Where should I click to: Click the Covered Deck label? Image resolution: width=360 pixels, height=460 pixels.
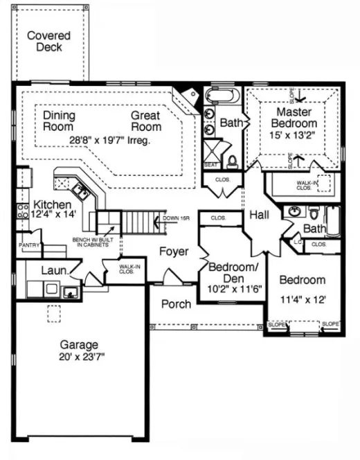tap(49, 42)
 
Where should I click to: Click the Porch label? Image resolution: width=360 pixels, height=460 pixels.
tap(176, 305)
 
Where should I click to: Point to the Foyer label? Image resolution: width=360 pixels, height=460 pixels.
tap(173, 251)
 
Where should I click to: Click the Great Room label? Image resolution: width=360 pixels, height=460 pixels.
tap(146, 121)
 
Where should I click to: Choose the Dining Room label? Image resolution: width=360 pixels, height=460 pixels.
tap(59, 121)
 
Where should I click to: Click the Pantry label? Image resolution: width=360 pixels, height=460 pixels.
tap(29, 245)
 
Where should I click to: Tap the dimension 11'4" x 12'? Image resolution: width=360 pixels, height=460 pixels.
tap(302, 301)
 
